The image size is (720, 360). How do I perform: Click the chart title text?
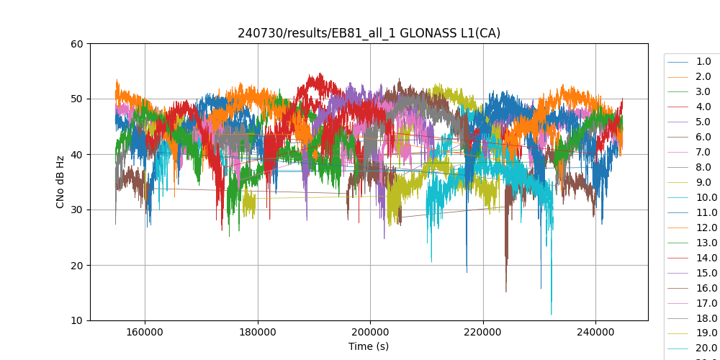(x=369, y=33)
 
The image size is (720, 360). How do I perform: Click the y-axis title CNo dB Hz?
(x=60, y=182)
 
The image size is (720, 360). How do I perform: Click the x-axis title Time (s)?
(x=369, y=346)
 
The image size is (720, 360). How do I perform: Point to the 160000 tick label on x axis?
(x=145, y=333)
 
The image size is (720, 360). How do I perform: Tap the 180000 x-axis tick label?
(x=258, y=333)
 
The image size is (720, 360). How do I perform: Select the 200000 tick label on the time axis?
(x=370, y=333)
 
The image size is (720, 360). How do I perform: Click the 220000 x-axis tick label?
(x=482, y=333)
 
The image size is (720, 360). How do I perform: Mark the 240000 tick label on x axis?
(x=595, y=333)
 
